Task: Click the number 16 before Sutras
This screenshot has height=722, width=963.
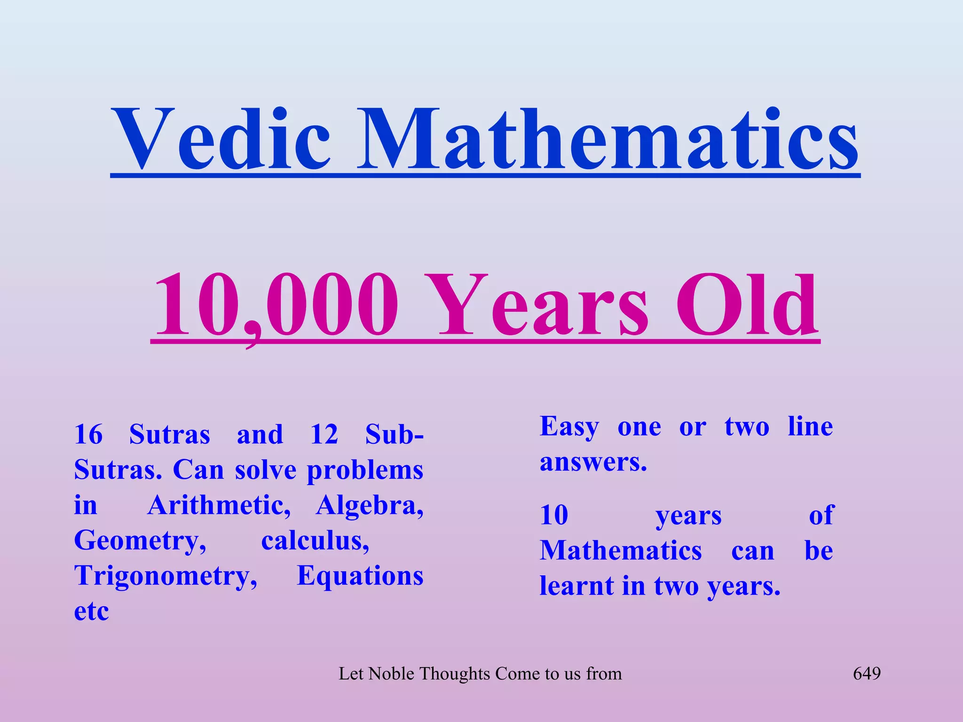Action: coord(88,434)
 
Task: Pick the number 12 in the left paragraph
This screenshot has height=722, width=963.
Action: coord(324,434)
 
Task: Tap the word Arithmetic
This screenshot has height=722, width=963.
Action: coord(219,506)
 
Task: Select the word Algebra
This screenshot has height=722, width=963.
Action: coord(370,506)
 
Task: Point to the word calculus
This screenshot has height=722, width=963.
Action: coord(315,541)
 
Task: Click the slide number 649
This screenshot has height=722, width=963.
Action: coord(867,674)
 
